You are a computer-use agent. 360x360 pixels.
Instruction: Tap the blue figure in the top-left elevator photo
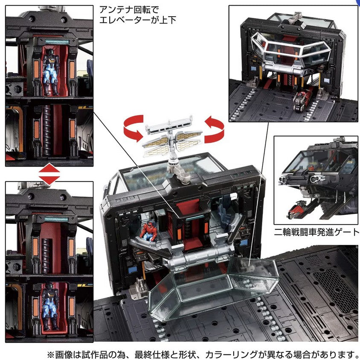[51, 72]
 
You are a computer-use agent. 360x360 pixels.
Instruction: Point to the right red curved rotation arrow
[214, 129]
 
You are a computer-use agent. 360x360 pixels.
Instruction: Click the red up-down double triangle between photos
[49, 174]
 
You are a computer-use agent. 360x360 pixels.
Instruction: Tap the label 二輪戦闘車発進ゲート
[316, 232]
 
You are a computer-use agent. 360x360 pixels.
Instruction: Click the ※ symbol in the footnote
[50, 354]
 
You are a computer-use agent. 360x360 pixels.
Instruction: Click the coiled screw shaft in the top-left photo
[47, 130]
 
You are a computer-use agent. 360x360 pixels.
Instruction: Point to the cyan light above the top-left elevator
[57, 41]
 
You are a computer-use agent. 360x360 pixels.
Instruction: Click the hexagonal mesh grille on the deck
[335, 290]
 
